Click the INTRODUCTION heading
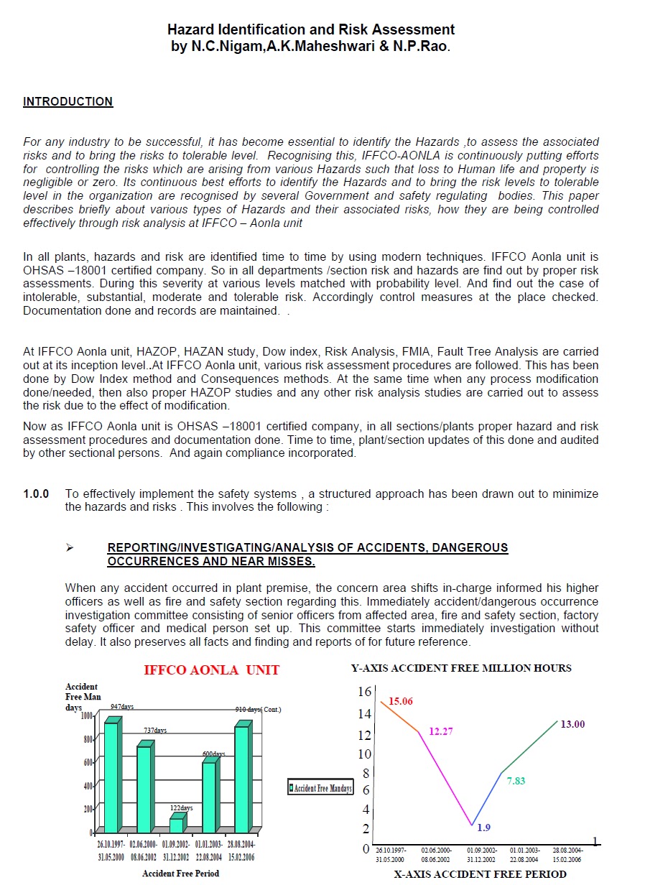68,102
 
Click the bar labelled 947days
111,776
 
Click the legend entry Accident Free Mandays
320,788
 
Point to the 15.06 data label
401,701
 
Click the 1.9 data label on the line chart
484,828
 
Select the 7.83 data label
516,781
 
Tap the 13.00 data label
572,724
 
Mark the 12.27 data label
441,731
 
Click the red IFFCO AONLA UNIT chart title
212,670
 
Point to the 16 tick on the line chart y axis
364,691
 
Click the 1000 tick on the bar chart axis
87,715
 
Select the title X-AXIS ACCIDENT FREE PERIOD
480,874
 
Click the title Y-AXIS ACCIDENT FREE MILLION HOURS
461,668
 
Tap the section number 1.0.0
36,494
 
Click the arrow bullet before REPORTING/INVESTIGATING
70,548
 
